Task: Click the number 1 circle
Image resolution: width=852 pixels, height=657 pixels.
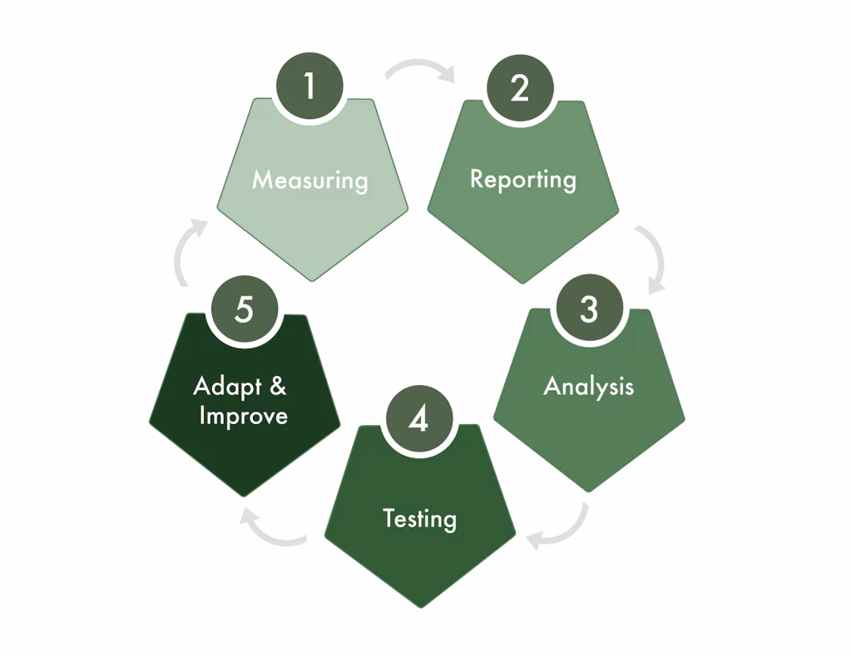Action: [x=310, y=86]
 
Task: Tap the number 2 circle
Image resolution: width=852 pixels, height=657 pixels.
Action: [x=520, y=88]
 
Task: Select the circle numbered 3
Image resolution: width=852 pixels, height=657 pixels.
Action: [x=588, y=309]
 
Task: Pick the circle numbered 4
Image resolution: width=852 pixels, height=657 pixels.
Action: [x=419, y=419]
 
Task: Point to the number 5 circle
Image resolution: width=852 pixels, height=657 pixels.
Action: [x=245, y=309]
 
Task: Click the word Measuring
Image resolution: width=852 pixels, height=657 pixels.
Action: [x=310, y=180]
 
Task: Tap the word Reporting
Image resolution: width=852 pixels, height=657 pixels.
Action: [x=523, y=180]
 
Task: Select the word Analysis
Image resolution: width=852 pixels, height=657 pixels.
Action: [x=589, y=387]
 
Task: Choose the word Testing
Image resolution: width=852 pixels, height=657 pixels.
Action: [x=419, y=519]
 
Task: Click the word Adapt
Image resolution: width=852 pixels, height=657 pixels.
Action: [x=228, y=388]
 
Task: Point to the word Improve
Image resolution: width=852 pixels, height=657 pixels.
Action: [x=244, y=416]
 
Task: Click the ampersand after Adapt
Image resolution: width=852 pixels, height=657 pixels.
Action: [x=278, y=386]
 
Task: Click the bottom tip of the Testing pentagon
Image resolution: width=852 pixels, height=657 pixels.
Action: [x=420, y=608]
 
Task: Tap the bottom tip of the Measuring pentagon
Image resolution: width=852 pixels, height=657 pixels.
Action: [x=313, y=281]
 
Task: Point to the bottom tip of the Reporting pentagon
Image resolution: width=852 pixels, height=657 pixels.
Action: [x=523, y=284]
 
